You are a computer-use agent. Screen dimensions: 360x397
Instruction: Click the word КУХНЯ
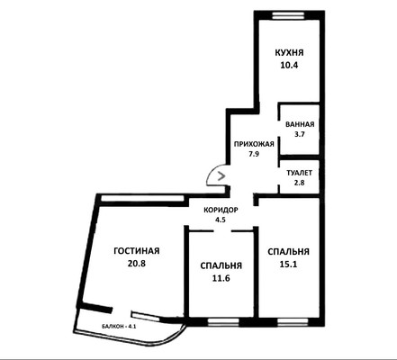(289, 52)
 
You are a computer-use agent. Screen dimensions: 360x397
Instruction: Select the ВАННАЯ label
(300, 124)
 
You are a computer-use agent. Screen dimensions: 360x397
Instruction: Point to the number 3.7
(300, 134)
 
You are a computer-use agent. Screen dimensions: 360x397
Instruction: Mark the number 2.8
(300, 183)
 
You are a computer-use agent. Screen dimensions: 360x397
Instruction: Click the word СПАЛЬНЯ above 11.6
(221, 265)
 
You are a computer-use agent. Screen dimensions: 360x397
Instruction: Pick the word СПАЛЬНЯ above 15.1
(289, 252)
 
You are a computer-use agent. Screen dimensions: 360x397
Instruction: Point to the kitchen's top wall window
(289, 15)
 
